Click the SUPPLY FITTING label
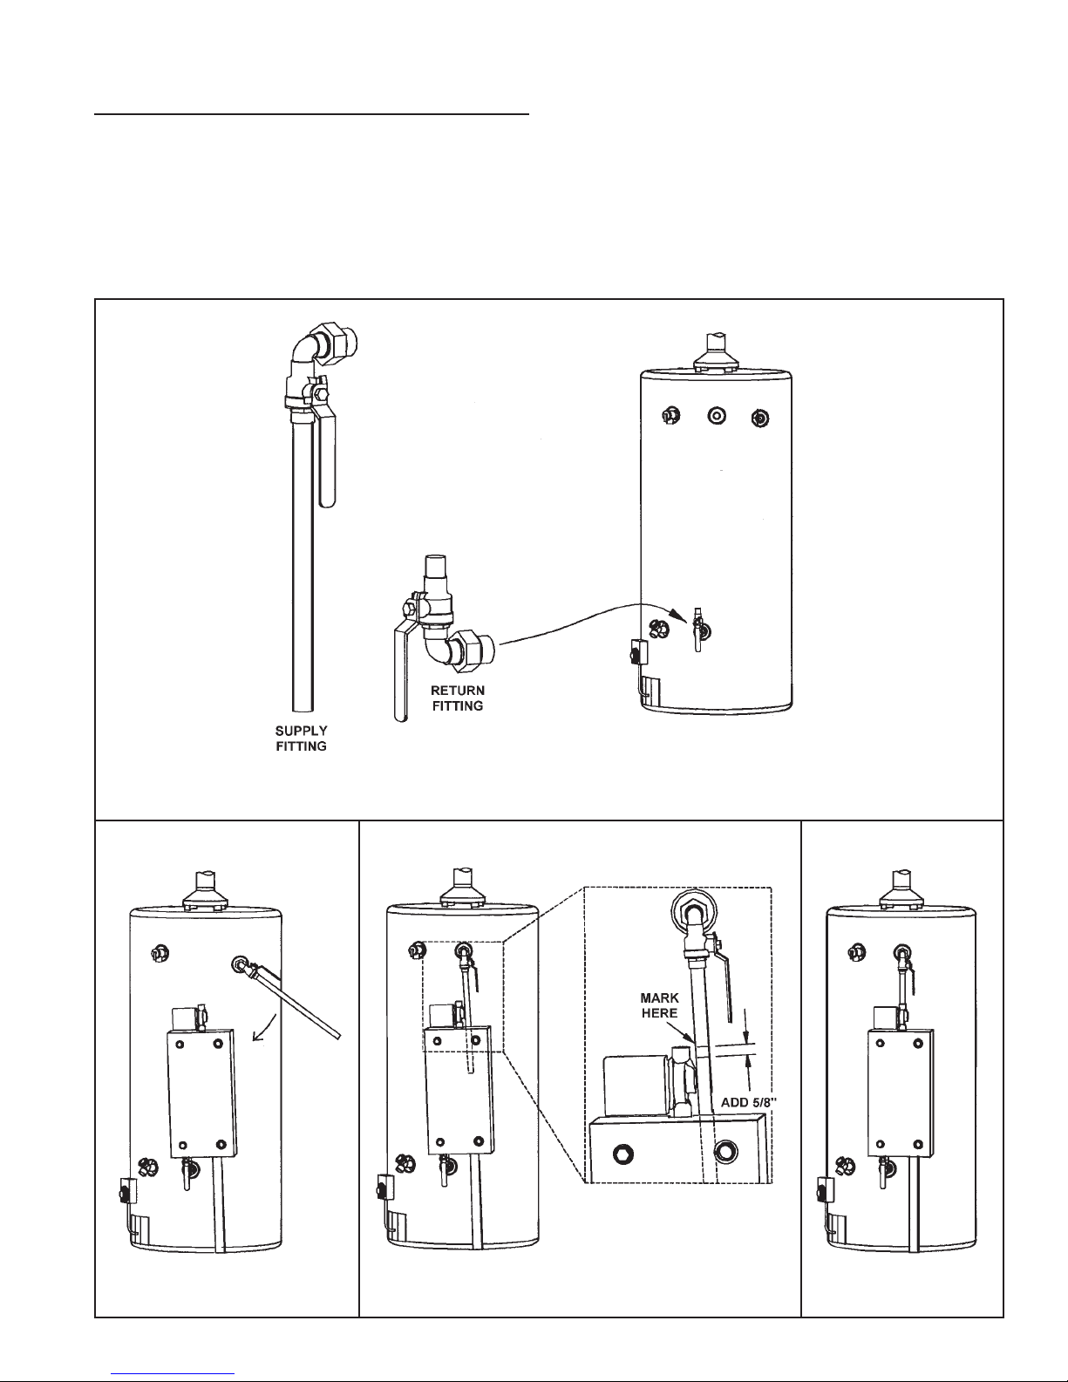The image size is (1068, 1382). (x=301, y=739)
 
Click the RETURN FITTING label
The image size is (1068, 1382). (x=458, y=698)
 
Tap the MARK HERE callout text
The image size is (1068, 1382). (x=659, y=1005)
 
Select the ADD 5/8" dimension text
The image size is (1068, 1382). (x=749, y=1102)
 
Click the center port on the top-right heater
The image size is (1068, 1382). (x=717, y=416)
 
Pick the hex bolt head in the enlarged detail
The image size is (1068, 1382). (x=623, y=1154)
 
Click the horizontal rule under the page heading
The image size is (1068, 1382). (x=311, y=114)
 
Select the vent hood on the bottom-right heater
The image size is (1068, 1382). (x=901, y=889)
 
